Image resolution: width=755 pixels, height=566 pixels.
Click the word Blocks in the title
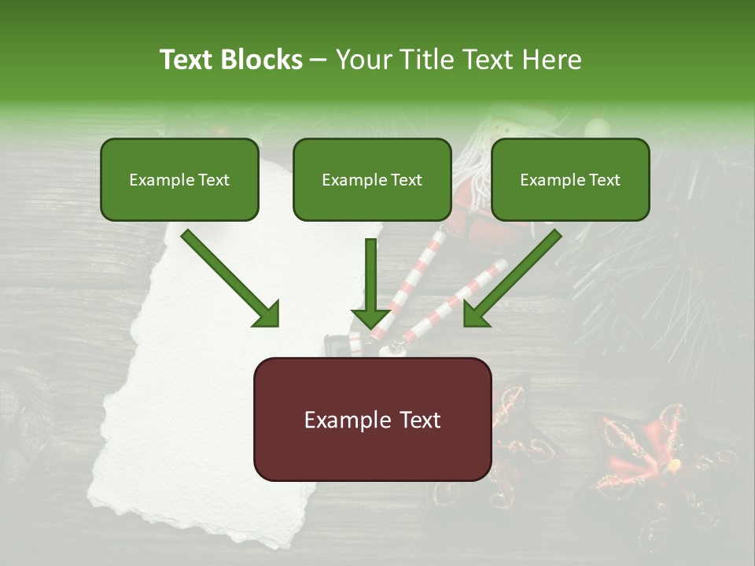click(x=263, y=60)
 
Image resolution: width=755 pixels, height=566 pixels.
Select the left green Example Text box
click(x=179, y=179)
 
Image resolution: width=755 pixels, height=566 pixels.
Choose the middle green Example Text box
click(x=372, y=179)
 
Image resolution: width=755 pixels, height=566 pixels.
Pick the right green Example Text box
click(x=570, y=179)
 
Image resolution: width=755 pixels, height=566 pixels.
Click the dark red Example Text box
click(x=372, y=419)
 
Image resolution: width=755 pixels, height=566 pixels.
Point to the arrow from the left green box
click(x=228, y=277)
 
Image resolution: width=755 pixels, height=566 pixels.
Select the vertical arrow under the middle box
click(x=371, y=283)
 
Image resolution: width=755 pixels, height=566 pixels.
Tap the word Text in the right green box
click(x=604, y=180)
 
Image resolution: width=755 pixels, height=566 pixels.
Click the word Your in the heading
click(x=360, y=60)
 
